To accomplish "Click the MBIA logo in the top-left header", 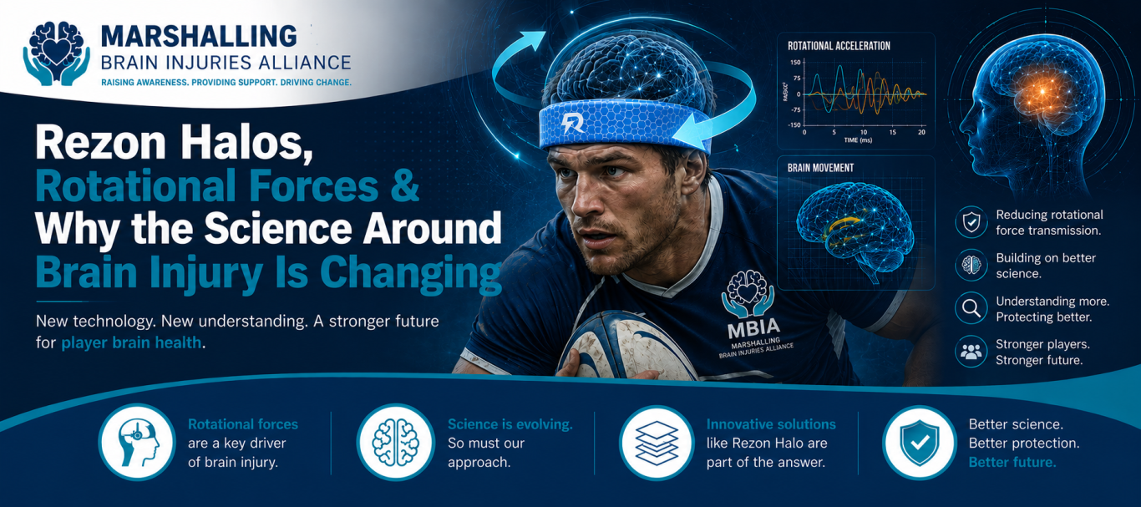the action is [x=57, y=53].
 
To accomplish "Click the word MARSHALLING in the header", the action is [x=199, y=37].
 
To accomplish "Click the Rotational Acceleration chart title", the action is [x=839, y=46].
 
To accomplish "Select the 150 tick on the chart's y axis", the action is [x=795, y=62].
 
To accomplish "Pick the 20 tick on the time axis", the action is [x=921, y=132].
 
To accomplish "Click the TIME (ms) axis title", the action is [x=858, y=140].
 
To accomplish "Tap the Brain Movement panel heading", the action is [x=820, y=168].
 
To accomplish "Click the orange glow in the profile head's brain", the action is [x=1042, y=93].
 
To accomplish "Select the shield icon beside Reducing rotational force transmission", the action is [x=971, y=222].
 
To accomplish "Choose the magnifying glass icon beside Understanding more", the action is [x=971, y=308].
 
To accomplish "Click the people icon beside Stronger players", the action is [x=971, y=352].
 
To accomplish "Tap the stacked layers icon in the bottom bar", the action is [x=657, y=443].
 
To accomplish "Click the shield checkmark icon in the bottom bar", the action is [x=920, y=443].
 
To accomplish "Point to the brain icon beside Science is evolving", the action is [x=395, y=443].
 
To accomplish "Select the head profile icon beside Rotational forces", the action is [x=136, y=443].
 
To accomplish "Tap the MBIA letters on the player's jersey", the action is [x=753, y=328].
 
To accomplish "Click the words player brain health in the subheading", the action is [x=131, y=343].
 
